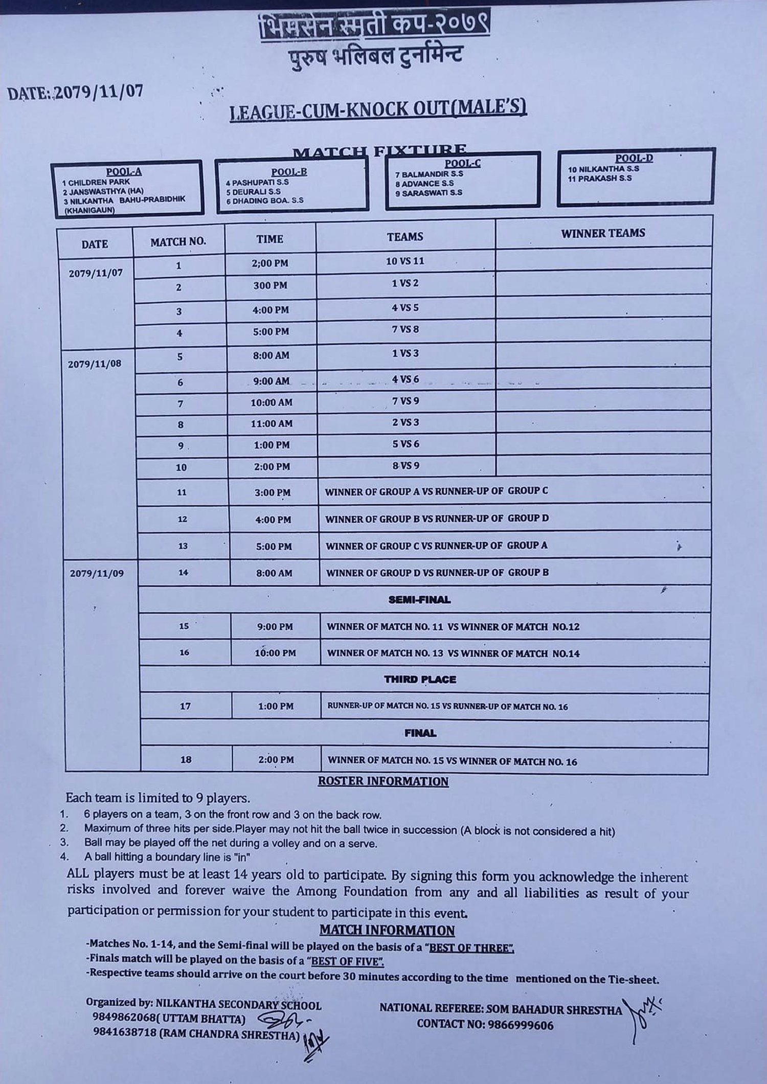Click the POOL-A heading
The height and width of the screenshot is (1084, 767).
pos(124,172)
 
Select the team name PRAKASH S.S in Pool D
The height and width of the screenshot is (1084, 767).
pos(600,178)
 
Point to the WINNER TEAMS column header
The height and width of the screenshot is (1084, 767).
pos(603,233)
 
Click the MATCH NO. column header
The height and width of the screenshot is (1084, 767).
pos(178,242)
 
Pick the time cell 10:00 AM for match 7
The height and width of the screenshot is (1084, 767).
pos(272,402)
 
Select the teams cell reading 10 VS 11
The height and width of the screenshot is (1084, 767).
pos(405,261)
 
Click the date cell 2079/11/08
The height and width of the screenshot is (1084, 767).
pos(95,364)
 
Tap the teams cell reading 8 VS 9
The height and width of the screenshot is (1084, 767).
pos(405,466)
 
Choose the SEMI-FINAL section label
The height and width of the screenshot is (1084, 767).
pos(419,599)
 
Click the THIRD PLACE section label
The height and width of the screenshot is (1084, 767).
pos(420,680)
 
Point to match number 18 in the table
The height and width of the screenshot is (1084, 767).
pos(186,760)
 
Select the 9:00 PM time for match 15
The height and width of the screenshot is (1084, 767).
pos(275,626)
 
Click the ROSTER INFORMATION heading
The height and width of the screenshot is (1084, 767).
pos(383,781)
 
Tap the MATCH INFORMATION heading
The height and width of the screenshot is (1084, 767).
pos(387,930)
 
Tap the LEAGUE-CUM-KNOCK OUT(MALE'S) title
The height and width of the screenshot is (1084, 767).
pos(378,109)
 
